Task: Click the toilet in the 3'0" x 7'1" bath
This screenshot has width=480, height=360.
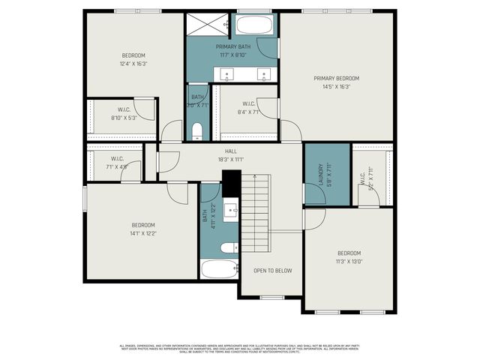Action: [197, 133]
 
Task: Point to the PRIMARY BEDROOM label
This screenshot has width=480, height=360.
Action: [337, 79]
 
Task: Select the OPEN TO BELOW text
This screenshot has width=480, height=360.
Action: [272, 270]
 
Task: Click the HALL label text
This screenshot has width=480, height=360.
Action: [230, 151]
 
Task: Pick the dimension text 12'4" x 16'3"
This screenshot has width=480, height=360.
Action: [133, 64]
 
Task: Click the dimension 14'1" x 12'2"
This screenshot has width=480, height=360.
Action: [143, 233]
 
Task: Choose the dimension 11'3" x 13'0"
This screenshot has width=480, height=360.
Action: [349, 261]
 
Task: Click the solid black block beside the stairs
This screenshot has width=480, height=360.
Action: [231, 183]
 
